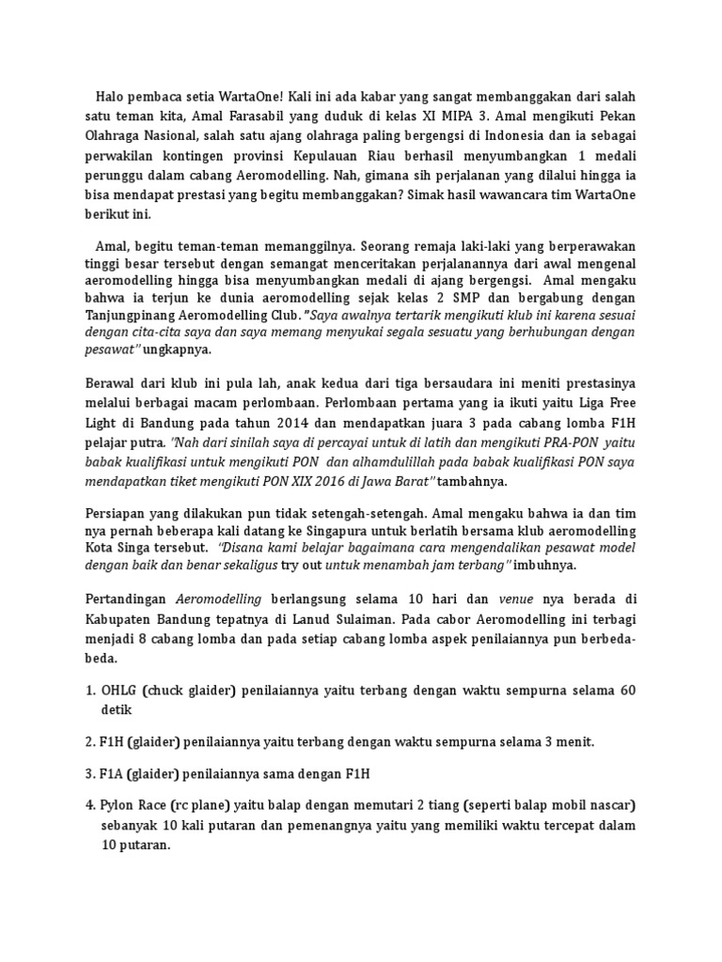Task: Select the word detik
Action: tap(117, 711)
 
